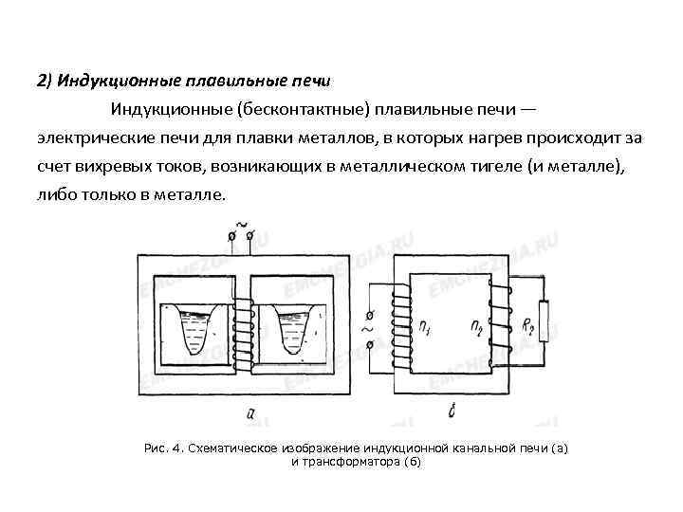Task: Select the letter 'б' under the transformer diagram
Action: [454, 411]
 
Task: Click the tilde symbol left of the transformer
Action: [367, 332]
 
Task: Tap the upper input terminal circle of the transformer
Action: [370, 315]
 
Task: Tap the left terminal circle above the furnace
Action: [231, 233]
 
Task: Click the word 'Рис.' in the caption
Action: [154, 447]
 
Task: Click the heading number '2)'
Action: [46, 79]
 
